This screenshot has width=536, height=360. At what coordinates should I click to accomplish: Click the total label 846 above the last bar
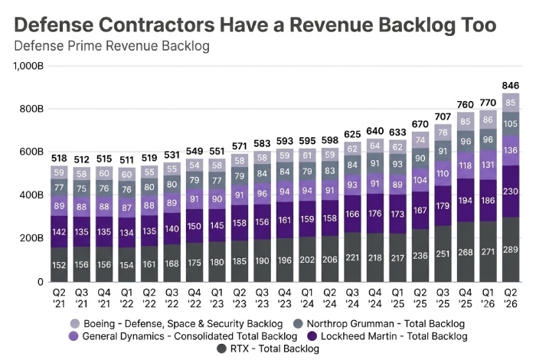point(511,86)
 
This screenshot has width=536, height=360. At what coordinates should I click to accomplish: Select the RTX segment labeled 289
point(511,250)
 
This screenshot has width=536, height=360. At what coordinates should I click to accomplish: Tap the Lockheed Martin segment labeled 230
point(511,191)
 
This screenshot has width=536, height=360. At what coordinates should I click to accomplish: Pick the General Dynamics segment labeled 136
point(511,150)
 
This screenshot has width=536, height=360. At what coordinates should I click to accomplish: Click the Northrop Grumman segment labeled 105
point(511,123)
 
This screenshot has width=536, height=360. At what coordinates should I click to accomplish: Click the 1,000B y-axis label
point(29,66)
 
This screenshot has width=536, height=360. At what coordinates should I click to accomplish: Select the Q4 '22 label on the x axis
point(194,298)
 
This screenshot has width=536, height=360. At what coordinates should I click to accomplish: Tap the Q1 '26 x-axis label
point(488,298)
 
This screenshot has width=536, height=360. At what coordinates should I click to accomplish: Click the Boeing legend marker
point(74,323)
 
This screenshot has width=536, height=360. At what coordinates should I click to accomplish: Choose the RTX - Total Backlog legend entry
point(268,349)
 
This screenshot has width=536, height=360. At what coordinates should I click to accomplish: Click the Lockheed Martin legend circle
point(312,336)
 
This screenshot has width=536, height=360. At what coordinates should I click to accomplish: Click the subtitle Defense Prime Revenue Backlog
point(112,46)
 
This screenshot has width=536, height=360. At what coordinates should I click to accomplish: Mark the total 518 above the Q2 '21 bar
point(59,159)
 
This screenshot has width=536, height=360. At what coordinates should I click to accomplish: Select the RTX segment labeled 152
point(59,264)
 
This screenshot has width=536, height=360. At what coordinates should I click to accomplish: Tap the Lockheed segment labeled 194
point(466,201)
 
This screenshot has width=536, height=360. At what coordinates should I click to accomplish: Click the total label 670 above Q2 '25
point(420,124)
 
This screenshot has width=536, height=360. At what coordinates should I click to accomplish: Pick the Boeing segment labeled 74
point(420,140)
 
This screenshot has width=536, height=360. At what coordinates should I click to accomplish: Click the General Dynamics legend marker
point(74,336)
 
